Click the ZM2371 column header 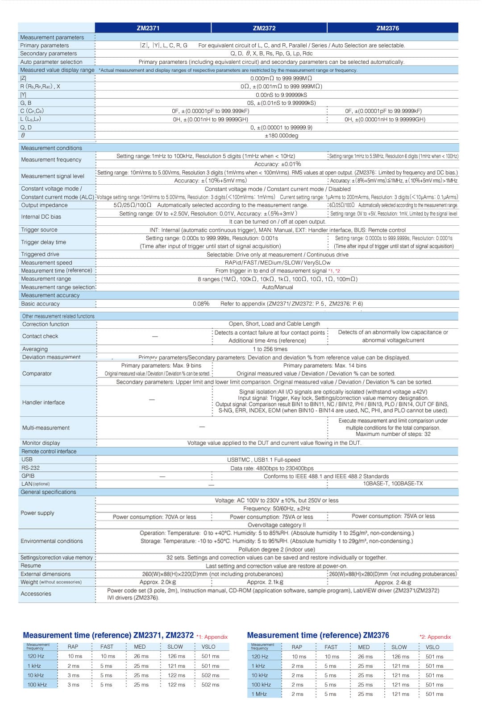coord(148,28)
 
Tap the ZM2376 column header coord(387,28)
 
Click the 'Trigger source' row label coord(39,230)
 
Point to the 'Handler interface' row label coord(43,402)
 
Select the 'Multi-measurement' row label coord(46,428)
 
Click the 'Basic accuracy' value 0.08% coord(201,304)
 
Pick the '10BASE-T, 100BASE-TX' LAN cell coord(393,484)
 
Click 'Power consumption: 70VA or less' coord(154,517)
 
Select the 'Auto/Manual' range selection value coord(278,287)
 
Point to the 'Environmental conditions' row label coord(52,541)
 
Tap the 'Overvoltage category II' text coord(277,525)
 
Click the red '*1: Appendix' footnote coord(212,637)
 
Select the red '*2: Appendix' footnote coord(435,637)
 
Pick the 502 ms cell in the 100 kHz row coord(210,685)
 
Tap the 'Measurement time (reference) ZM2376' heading coord(318,635)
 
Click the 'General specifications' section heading coord(48,492)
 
